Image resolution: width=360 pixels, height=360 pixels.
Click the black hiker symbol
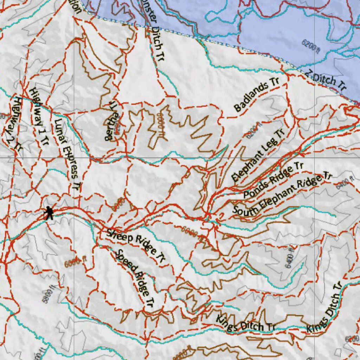coord(49,213)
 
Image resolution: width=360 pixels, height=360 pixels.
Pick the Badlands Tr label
coord(256,95)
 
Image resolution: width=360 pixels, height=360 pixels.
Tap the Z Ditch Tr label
coord(325,80)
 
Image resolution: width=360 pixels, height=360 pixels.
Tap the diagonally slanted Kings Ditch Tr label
coord(324,308)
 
